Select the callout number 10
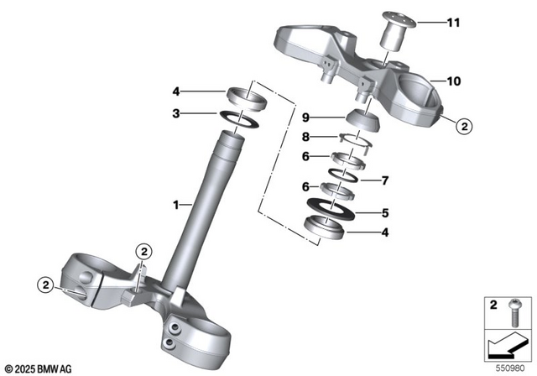454,81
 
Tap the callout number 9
307,116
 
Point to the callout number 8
307,137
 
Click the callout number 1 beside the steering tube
177,204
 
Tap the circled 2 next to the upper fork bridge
465,128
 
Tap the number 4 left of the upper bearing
177,91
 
